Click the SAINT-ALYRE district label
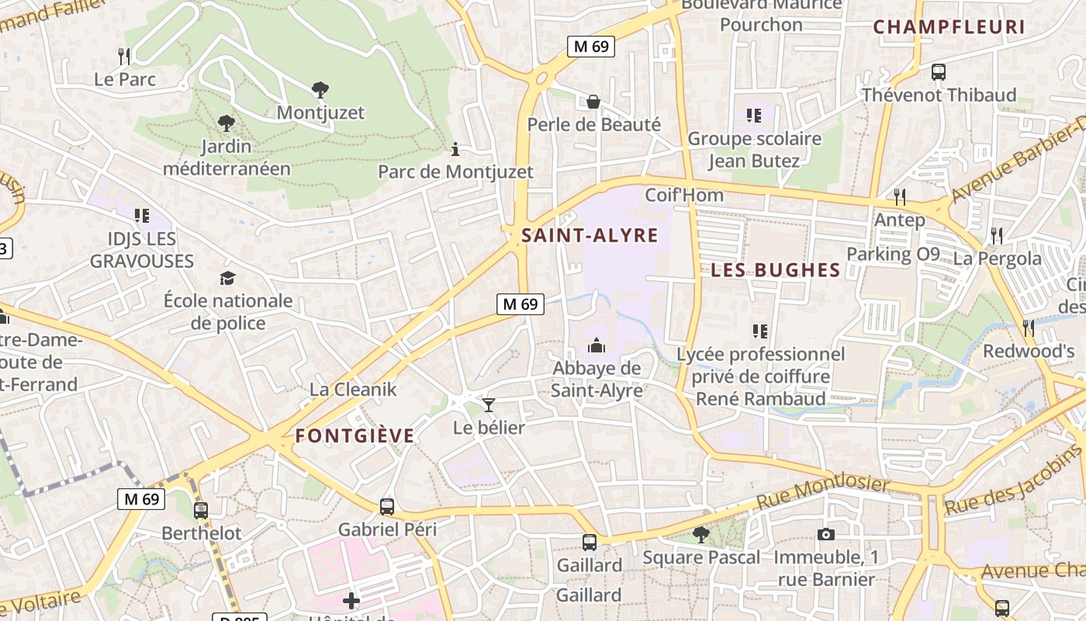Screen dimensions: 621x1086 pos(590,235)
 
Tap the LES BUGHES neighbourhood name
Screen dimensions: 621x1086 pos(775,270)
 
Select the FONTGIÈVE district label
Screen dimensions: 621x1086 pos(355,436)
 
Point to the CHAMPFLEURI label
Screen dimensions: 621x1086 pos(949,27)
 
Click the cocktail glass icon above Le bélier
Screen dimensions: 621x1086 pos(489,404)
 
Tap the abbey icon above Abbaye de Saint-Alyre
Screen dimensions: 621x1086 pos(597,345)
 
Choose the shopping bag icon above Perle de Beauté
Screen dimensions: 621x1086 pos(593,102)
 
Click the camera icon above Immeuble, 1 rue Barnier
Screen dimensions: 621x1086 pos(825,534)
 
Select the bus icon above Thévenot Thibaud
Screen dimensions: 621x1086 pos(939,72)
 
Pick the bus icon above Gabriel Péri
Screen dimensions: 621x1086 pos(387,507)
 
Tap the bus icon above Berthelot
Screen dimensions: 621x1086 pos(201,510)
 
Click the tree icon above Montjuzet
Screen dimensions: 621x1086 pos(320,89)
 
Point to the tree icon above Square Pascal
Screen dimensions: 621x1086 pos(701,534)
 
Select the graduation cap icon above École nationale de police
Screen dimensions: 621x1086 pos(227,278)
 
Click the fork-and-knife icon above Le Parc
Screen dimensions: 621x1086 pos(124,56)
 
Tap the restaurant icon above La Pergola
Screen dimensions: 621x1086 pos(997,235)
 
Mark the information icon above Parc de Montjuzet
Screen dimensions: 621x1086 pos(455,148)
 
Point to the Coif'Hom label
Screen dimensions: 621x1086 pos(684,195)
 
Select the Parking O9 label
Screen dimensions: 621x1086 pos(893,254)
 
